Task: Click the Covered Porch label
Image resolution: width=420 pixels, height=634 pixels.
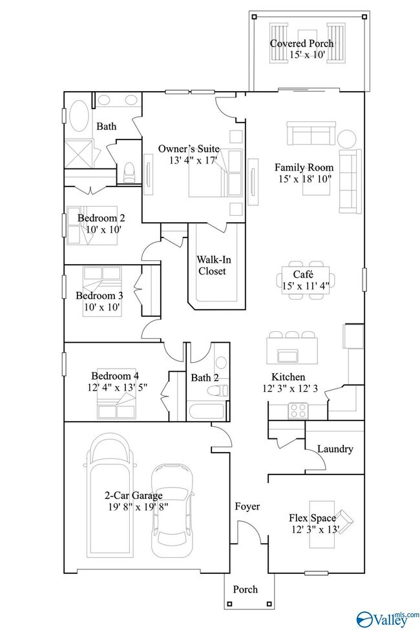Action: coord(302,44)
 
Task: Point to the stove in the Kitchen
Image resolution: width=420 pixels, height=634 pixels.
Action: coord(298,409)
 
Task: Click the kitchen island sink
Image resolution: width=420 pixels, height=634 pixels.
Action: coord(286,355)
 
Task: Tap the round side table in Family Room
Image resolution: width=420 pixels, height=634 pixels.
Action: coord(346,139)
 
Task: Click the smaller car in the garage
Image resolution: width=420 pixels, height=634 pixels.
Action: coord(173,509)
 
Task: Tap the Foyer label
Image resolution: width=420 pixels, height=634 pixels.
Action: coord(247,507)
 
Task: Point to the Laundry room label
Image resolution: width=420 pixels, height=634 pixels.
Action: coord(335,449)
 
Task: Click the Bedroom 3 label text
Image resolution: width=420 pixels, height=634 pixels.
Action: coord(100,296)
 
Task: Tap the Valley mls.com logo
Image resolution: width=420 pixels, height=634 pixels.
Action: coord(387,618)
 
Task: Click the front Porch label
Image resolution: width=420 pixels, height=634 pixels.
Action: coord(246,589)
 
